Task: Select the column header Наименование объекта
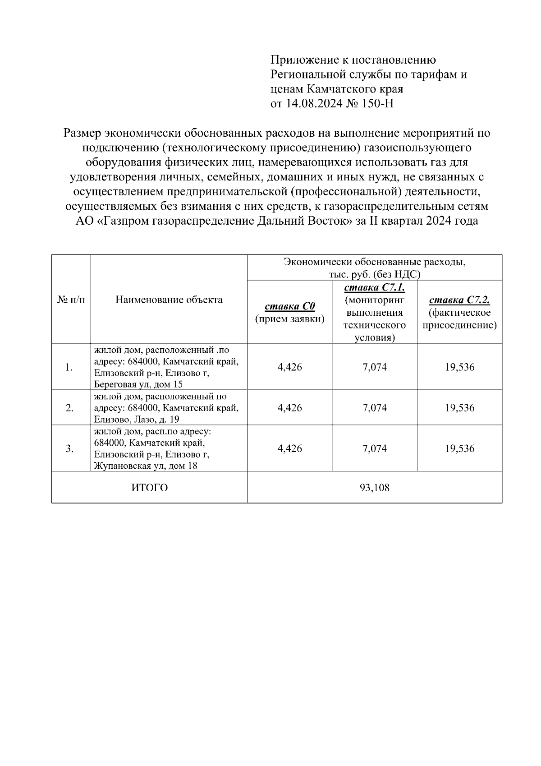169,300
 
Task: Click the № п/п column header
71,300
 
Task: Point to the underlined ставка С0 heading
290,307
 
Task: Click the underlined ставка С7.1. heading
374,287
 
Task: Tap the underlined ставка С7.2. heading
459,300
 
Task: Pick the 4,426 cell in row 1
290,367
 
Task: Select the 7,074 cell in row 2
375,408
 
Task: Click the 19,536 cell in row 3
460,448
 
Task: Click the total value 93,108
375,488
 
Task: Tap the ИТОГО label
150,488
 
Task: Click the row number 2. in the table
69,408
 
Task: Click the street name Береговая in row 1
113,384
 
